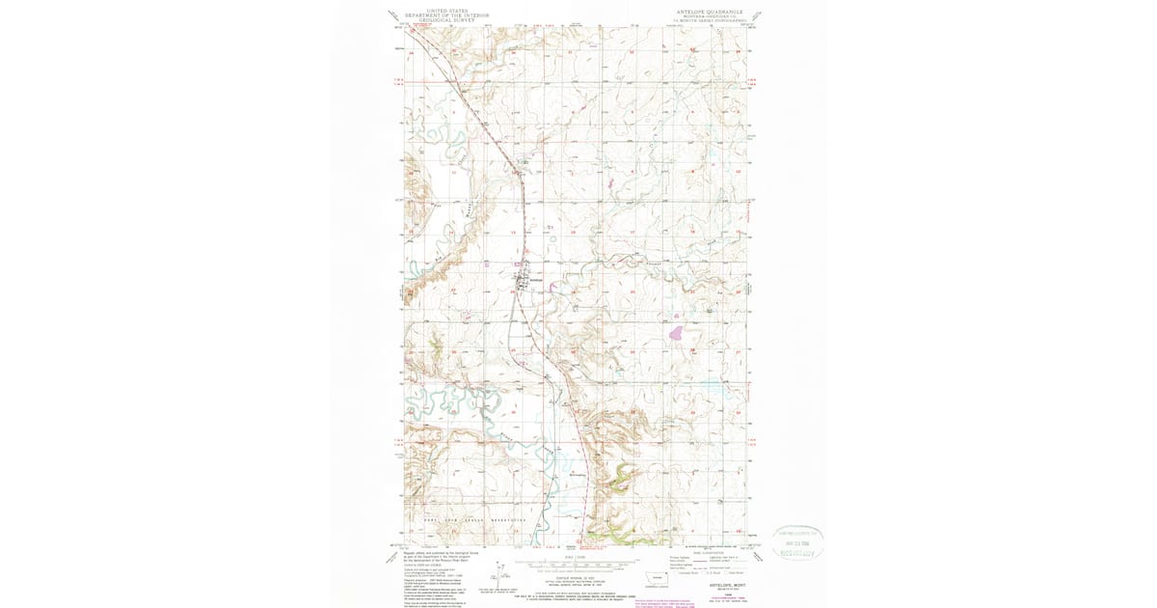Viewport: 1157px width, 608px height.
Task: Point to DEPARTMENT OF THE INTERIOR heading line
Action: point(447,14)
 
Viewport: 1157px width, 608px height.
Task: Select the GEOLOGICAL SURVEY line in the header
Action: point(447,19)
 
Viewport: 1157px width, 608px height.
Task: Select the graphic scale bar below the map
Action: point(577,563)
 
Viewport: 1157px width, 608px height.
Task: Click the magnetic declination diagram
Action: point(498,571)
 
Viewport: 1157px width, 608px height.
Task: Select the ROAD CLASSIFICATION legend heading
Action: point(707,553)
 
